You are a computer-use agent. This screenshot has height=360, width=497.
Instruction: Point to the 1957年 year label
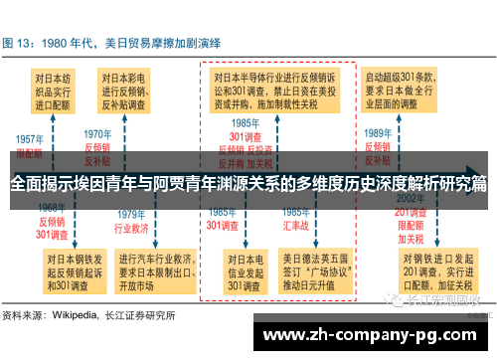coord(29,139)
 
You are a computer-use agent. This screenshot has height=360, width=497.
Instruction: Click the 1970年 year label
coord(97,133)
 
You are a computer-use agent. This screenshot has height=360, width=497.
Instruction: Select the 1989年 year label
coord(378,133)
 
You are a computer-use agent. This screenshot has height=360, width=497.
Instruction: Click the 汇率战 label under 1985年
coord(295,226)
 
